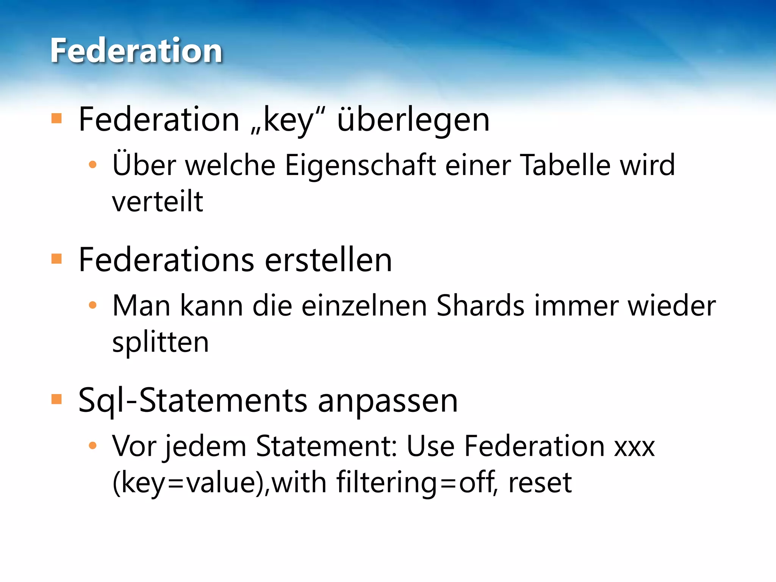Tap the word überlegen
click(x=413, y=120)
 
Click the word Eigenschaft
click(x=360, y=165)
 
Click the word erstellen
click(x=328, y=260)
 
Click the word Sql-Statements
click(x=192, y=401)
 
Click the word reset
click(x=540, y=483)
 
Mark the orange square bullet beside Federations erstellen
click(x=56, y=259)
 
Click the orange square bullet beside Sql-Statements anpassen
click(x=56, y=399)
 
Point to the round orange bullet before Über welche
click(x=92, y=165)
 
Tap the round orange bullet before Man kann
click(x=92, y=305)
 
